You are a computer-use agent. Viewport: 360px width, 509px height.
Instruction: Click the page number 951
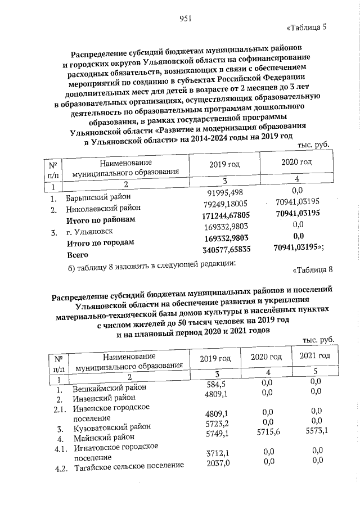point(186,18)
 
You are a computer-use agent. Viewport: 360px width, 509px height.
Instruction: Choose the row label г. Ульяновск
point(89,231)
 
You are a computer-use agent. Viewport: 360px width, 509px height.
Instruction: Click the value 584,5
point(216,384)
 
